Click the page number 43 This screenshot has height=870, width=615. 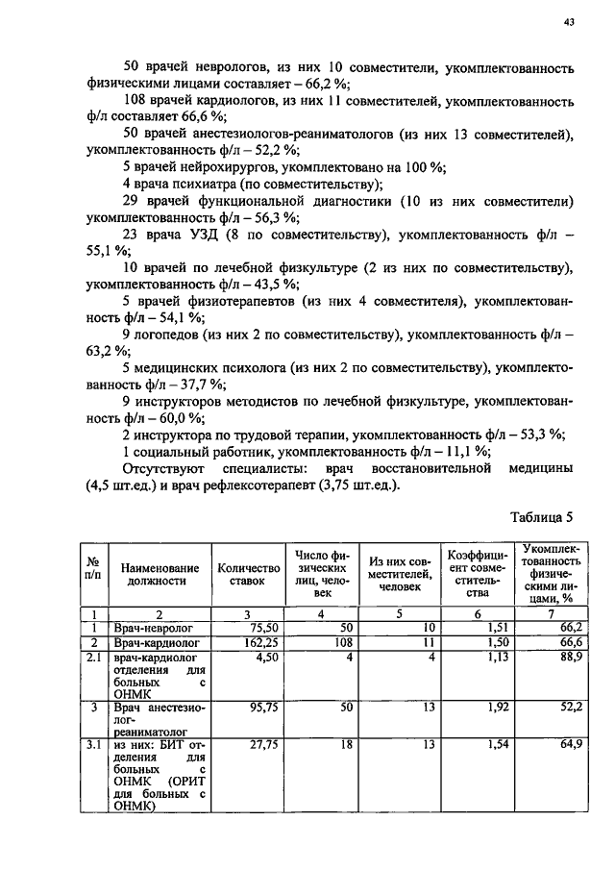pos(569,26)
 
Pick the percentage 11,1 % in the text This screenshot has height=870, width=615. pos(469,451)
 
